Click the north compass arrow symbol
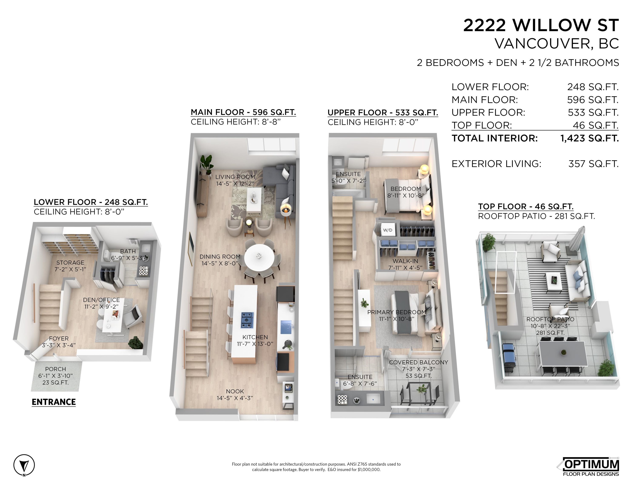pyautogui.click(x=24, y=465)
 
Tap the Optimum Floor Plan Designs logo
pyautogui.click(x=589, y=467)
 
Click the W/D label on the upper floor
pyautogui.click(x=388, y=230)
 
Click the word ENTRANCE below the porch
pyautogui.click(x=54, y=402)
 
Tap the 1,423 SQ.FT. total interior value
pyautogui.click(x=589, y=138)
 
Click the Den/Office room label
pyautogui.click(x=101, y=303)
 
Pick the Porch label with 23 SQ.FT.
pyautogui.click(x=56, y=376)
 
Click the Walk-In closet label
pyautogui.click(x=405, y=264)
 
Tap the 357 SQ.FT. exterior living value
pyautogui.click(x=593, y=164)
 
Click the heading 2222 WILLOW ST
pyautogui.click(x=541, y=25)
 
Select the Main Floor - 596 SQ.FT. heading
pyautogui.click(x=243, y=112)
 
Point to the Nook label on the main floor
pyautogui.click(x=235, y=395)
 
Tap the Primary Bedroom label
pyautogui.click(x=396, y=315)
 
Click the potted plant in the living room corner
pyautogui.click(x=207, y=164)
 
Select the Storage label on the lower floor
pyautogui.click(x=70, y=266)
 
